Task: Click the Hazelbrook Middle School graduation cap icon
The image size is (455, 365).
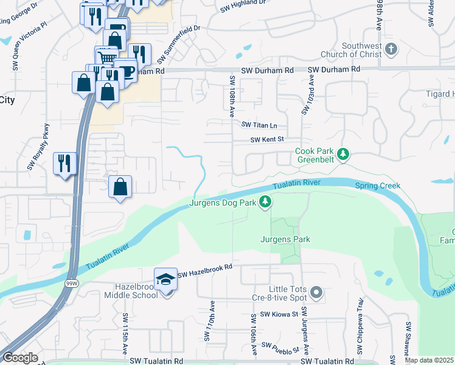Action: coord(165,279)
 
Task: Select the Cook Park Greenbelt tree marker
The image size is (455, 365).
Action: coord(344,155)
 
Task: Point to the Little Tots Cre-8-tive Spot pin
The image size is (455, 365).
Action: coord(316,293)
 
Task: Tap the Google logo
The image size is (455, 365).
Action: coord(20,358)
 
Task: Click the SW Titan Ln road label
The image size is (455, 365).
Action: coord(259,125)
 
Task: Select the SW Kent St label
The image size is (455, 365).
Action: coord(268,140)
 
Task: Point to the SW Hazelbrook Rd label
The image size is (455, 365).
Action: coord(206,267)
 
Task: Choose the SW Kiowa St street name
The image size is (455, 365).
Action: coord(279,315)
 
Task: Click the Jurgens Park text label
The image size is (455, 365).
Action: coord(286,239)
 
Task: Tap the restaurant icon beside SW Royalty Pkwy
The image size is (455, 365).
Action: coord(64,164)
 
